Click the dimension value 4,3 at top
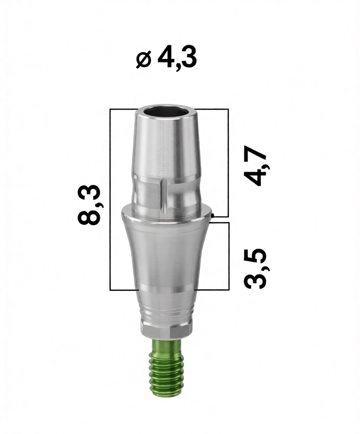(177, 58)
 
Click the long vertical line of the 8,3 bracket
(110, 200)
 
